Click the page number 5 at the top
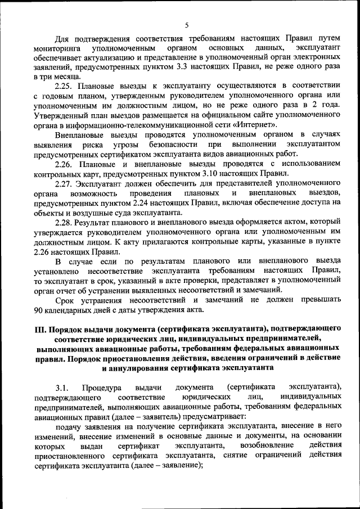click(187, 25)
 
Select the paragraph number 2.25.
click(65, 85)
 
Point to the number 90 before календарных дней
click(39, 309)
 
